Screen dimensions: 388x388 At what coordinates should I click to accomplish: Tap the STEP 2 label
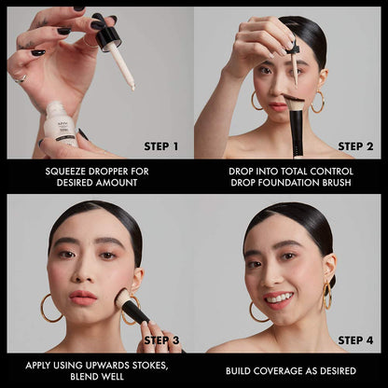[355, 146]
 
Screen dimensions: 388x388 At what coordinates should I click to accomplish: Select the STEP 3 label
[162, 340]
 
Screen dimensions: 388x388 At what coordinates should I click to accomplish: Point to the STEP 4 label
[355, 340]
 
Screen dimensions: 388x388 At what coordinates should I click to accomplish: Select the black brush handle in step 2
[296, 135]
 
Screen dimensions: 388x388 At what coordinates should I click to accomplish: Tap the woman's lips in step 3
[82, 298]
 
